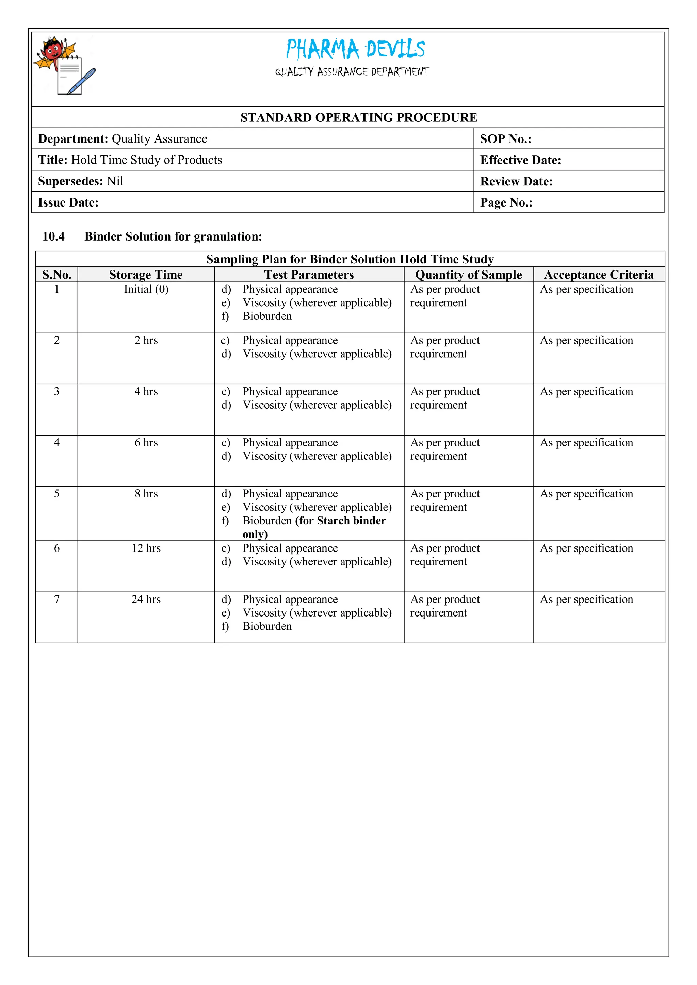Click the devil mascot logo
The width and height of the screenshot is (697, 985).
click(64, 66)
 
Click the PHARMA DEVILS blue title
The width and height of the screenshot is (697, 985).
click(355, 49)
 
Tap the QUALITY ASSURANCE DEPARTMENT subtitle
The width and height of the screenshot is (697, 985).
click(352, 72)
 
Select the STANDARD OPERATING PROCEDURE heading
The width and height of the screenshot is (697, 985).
click(358, 117)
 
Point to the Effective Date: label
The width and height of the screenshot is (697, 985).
click(520, 160)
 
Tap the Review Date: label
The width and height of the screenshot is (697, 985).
click(516, 181)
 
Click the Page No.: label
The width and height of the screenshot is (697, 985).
click(506, 202)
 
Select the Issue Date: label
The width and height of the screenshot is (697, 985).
click(68, 202)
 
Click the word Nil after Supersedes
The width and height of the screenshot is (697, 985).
click(115, 181)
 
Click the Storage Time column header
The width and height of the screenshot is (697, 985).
click(146, 275)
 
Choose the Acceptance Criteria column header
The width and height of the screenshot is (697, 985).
click(599, 275)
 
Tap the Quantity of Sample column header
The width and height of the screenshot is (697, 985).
click(468, 275)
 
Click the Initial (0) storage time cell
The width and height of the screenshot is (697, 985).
click(146, 289)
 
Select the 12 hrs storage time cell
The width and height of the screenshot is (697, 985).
click(146, 548)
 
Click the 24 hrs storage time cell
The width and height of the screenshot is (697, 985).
click(146, 599)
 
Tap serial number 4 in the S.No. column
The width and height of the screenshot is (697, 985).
click(56, 443)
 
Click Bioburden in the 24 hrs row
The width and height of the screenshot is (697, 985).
click(267, 626)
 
